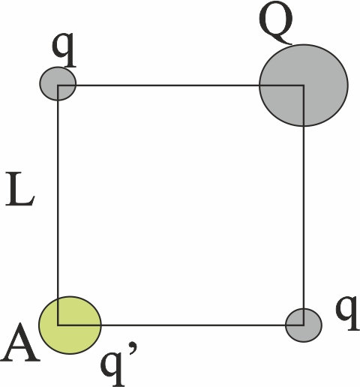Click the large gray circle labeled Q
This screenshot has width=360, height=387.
[304, 85]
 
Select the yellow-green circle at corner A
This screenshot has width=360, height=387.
[70, 325]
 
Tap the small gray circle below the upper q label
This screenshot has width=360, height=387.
[58, 84]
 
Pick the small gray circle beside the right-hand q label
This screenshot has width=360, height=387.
[304, 325]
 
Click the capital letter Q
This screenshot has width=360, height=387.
[275, 22]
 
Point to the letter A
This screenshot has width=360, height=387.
[20, 343]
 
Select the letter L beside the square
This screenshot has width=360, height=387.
[20, 190]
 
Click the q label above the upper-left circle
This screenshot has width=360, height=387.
[64, 50]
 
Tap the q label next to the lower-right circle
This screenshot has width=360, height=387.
[347, 313]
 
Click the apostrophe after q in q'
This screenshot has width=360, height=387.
[133, 349]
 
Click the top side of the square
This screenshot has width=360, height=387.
[181, 85]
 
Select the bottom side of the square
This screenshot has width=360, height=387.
[181, 325]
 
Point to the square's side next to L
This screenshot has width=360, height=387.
[58, 205]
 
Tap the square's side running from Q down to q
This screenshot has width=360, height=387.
[304, 205]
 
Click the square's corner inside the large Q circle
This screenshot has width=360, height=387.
[304, 85]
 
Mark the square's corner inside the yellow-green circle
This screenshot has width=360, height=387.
[58, 325]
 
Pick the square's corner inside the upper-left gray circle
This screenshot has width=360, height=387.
[58, 85]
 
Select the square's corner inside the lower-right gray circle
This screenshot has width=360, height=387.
[304, 325]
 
